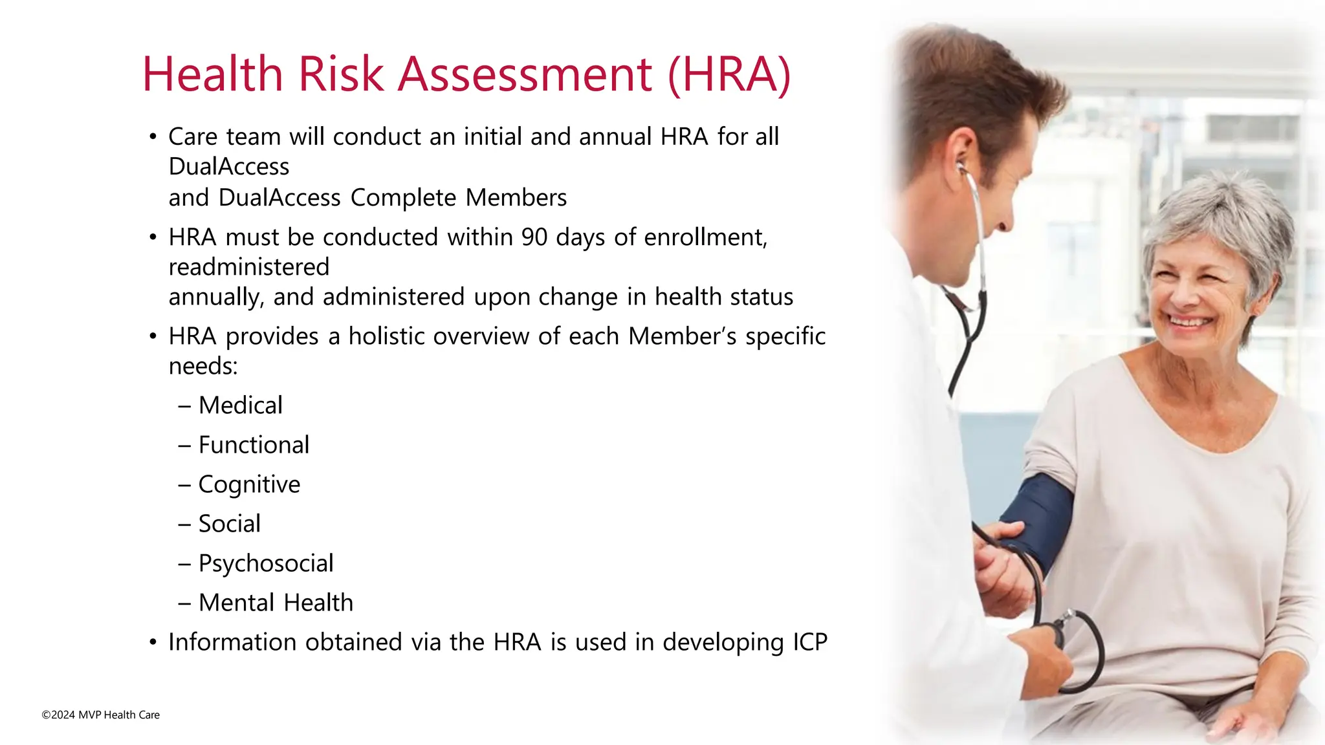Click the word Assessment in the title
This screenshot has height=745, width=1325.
(525, 74)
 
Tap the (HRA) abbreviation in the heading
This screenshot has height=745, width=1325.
(729, 74)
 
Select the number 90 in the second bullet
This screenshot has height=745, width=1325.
(534, 237)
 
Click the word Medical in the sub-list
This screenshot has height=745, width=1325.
(241, 405)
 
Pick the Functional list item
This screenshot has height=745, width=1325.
(254, 445)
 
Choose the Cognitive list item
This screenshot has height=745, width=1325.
(249, 484)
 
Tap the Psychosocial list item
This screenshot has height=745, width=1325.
(266, 563)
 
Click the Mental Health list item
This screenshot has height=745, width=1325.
(276, 603)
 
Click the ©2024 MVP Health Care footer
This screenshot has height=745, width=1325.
(101, 715)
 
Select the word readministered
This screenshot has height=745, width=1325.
(249, 267)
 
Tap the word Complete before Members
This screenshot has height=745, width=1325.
(403, 198)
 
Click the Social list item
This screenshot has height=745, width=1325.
(229, 524)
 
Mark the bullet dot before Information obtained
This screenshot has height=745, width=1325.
(153, 643)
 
